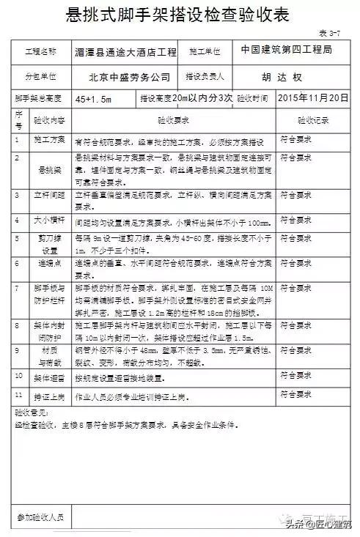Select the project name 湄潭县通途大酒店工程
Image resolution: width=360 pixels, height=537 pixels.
pos(126,53)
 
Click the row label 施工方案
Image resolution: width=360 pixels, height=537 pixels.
pos(51,138)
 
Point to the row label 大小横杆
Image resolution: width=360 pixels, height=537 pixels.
pos(51,219)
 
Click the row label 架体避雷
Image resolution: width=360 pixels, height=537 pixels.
pos(51,379)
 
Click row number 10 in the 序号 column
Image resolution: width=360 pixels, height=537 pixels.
pos(19,376)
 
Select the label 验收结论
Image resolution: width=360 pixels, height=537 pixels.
pos(30,413)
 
